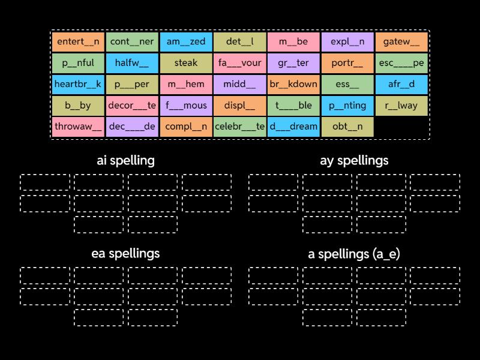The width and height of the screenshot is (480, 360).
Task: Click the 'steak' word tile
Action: pos(186,63)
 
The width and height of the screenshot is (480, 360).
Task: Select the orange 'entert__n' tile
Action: pos(78,42)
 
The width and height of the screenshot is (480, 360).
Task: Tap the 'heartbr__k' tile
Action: pos(78,84)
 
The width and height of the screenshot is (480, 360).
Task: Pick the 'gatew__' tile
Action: pos(401,42)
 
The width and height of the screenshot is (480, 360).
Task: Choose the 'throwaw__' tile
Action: pos(78,127)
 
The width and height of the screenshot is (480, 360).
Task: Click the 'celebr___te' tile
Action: pos(239,127)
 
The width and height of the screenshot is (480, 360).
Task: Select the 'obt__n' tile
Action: pos(347,127)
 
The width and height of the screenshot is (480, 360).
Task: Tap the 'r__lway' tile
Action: pos(401,106)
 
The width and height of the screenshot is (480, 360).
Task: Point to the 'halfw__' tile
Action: pos(132,63)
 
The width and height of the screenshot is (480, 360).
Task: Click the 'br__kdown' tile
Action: pos(293,84)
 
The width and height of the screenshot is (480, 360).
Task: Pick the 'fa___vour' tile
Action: pos(239,63)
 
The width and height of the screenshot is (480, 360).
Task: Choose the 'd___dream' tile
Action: pos(293,127)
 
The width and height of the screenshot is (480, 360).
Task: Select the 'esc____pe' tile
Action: pos(401,63)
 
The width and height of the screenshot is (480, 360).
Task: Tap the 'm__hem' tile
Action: pos(186,84)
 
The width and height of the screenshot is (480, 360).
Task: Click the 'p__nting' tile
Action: pos(347,106)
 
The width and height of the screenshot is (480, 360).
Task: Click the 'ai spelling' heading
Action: pos(126,160)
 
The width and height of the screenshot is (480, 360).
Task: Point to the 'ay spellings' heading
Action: pos(354,160)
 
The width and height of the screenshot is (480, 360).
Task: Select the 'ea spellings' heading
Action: pos(126,253)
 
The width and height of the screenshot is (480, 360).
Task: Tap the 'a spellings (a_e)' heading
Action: pos(354,254)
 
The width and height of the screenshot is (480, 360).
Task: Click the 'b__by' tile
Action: pos(78,106)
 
